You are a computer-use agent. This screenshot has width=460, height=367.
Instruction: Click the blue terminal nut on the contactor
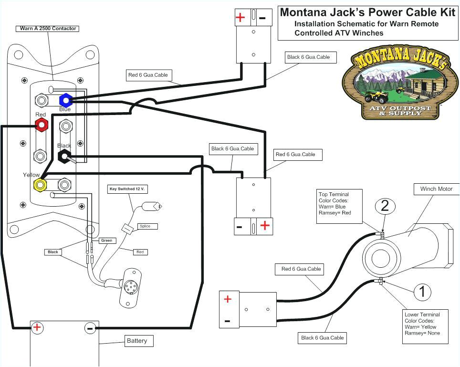(x=65, y=100)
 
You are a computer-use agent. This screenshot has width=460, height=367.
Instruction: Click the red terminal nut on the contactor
(x=42, y=125)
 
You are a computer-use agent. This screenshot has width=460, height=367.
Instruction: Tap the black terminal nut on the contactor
(x=64, y=156)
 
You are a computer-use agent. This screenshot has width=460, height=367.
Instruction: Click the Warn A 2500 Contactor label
(x=48, y=29)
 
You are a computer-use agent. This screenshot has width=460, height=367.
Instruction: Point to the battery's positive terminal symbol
(x=37, y=328)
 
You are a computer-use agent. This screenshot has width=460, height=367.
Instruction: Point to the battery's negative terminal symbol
(x=89, y=328)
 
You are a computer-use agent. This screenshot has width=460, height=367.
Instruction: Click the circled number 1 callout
(x=422, y=291)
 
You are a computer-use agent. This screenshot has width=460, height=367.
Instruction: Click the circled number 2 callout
(x=385, y=206)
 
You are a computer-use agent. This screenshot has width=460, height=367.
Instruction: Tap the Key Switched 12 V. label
(x=127, y=189)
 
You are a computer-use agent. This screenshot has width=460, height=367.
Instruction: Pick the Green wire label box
(x=107, y=241)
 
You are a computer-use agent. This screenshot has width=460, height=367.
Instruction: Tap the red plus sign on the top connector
(x=240, y=18)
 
